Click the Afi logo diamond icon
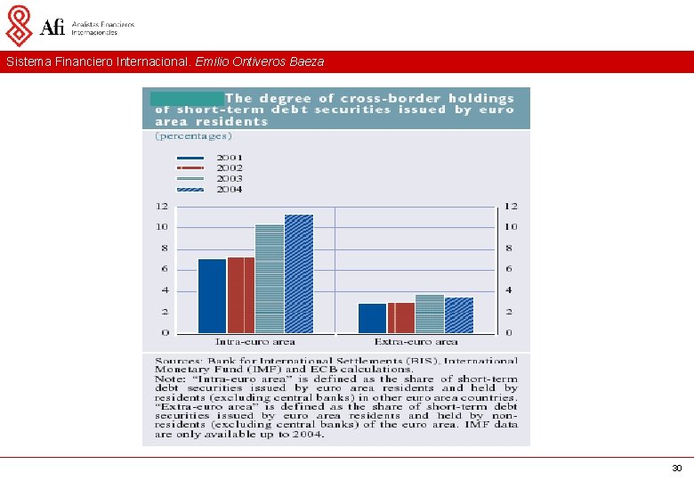coord(19,25)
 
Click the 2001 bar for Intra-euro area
coord(212,296)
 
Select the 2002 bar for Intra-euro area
coord(241,295)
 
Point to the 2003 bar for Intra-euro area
coord(270,278)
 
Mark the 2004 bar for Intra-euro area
coord(299,273)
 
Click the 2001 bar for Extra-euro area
coord(372,318)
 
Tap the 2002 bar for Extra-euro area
coord(401,317)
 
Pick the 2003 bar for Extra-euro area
coord(430,314)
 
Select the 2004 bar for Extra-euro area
coord(459,315)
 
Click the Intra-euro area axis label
coord(255,342)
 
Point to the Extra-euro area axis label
coord(416,342)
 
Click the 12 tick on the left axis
coord(161,206)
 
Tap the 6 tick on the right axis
coord(510,269)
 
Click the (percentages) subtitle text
coord(193,136)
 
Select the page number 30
coord(676,468)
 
